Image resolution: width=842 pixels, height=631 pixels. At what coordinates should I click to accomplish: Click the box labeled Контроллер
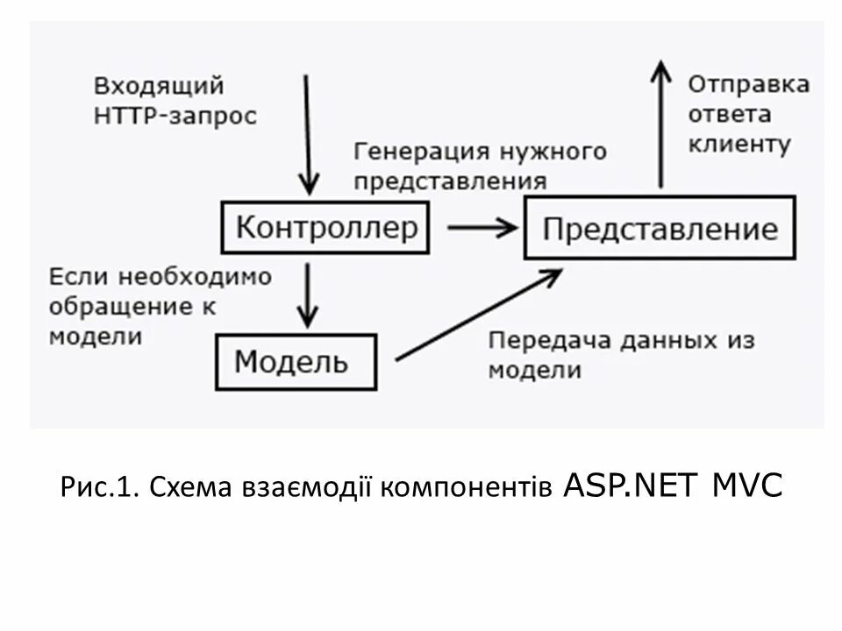pos(325,228)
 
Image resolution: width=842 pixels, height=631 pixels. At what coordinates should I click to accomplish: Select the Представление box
pos(660,228)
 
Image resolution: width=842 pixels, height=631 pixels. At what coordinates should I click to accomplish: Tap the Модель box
pos(296,361)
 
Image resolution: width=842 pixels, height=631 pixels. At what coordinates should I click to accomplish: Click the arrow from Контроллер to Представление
pos(482,228)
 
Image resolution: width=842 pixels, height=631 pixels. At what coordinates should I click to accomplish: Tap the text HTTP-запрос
pos(175,116)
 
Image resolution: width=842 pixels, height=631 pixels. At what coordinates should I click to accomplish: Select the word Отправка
pos(748,85)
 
